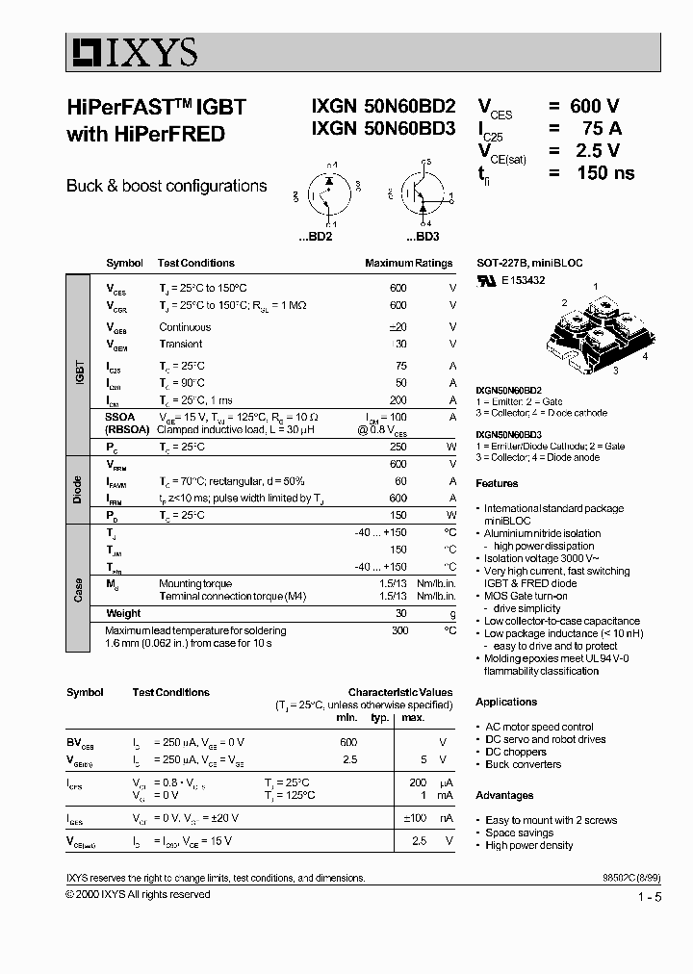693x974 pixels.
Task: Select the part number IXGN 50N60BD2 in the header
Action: pos(383,108)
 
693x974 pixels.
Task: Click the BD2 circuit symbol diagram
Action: pos(326,197)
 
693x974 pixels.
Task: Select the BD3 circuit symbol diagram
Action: pos(422,197)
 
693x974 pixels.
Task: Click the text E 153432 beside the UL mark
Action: pos(524,280)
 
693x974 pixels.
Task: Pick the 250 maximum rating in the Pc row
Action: pos(398,447)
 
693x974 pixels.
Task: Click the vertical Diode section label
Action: pos(80,489)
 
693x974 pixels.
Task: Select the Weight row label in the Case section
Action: pos(123,613)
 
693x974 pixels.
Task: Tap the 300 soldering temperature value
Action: pos(398,630)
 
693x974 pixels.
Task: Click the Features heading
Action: pos(497,484)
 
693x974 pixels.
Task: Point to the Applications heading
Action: pos(506,702)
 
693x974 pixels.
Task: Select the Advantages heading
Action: pos(504,795)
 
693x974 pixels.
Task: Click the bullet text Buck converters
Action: pos(523,764)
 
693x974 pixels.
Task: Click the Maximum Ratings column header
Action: pos(408,263)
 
